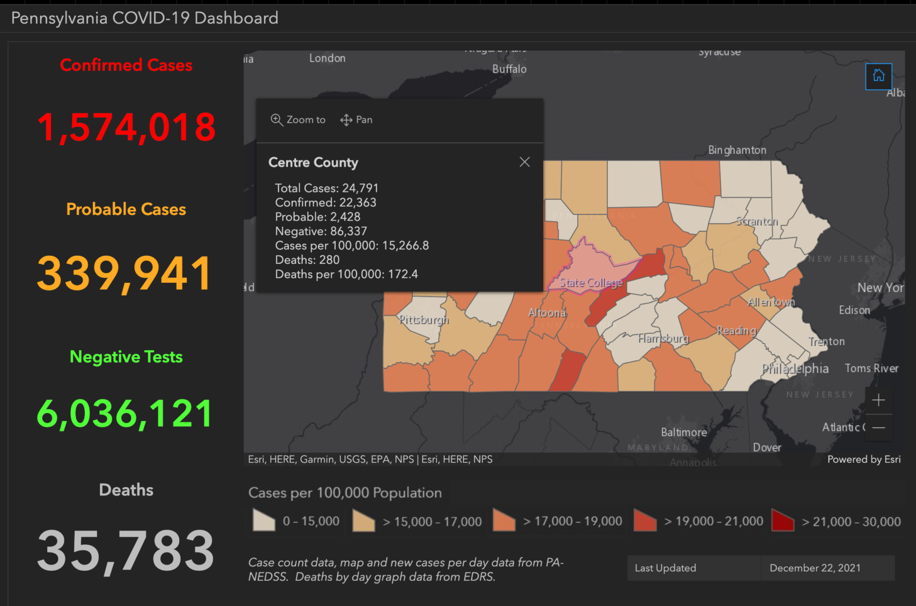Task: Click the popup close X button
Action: coord(525,162)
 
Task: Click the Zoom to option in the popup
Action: coord(298,120)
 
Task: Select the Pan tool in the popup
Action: coord(357,120)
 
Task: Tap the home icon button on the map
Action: coord(878,76)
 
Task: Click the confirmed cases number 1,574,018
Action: coord(126,127)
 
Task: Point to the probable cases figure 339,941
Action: coord(125,273)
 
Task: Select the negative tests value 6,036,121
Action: coord(125,414)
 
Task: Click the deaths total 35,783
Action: coord(126,551)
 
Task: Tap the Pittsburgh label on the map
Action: coord(423,320)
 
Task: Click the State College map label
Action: coord(591,283)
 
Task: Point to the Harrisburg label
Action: coord(663,338)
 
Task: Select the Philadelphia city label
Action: coord(795,369)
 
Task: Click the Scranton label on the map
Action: coord(757,221)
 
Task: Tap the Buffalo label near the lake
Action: coord(509,69)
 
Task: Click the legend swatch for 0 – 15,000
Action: coord(264,521)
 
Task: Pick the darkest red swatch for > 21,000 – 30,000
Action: coord(782,521)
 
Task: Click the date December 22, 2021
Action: coord(815,568)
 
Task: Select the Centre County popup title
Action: coord(313,162)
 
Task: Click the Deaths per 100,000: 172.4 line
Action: coord(346,274)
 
